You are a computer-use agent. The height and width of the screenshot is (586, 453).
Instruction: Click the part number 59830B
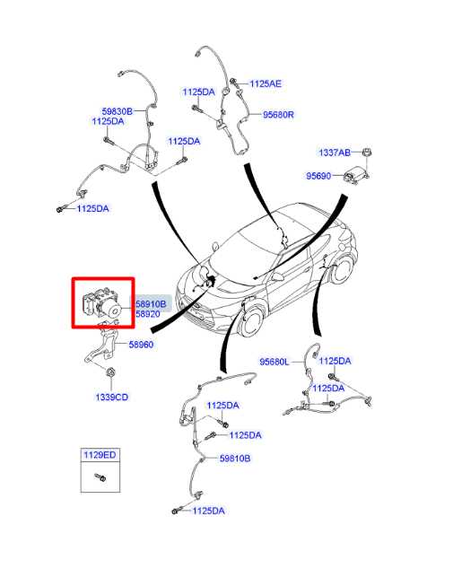117,111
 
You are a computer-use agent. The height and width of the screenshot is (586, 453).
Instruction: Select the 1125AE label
266,83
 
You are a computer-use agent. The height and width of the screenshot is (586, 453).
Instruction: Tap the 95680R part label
278,114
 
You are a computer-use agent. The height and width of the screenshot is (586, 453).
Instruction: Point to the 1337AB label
335,153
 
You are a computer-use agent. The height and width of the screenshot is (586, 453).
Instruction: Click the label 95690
318,176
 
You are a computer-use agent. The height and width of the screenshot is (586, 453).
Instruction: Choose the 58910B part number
151,304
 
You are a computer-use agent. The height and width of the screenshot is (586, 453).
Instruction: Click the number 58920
147,314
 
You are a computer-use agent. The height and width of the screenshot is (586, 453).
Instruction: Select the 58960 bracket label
141,345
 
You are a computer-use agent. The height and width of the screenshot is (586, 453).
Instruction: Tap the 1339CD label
111,397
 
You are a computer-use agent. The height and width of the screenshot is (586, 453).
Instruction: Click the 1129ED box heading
100,455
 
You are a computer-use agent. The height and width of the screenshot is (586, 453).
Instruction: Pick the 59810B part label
235,459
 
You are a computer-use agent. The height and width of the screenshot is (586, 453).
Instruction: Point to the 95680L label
274,362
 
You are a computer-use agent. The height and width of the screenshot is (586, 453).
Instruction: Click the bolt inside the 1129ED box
100,477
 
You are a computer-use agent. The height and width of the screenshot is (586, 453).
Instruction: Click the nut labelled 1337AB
367,152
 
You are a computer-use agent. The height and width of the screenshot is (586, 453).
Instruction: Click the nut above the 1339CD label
110,372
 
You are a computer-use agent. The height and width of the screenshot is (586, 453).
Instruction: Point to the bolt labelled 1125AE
235,83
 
